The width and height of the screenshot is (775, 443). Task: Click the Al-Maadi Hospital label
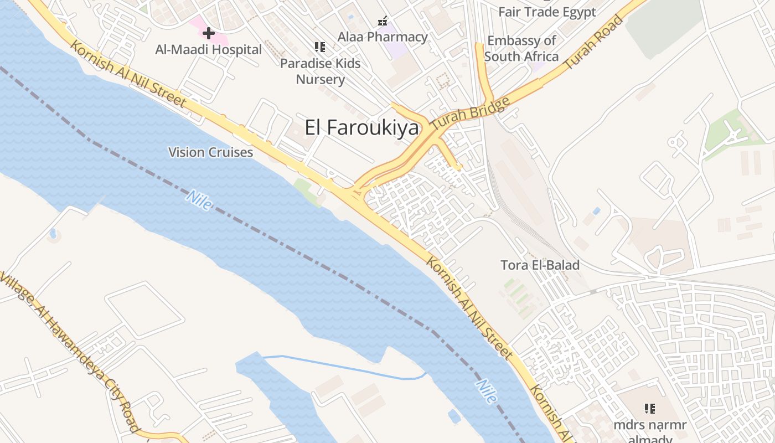209,50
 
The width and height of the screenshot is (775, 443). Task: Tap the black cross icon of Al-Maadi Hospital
208,33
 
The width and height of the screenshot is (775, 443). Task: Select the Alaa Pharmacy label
383,37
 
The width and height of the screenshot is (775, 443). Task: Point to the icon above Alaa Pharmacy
383,22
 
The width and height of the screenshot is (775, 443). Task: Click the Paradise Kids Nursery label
320,71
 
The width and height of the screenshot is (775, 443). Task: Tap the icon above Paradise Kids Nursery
319,47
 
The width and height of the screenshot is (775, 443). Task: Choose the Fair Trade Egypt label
547,12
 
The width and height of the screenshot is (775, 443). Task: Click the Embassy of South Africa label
521,49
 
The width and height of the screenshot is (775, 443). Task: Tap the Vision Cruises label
211,152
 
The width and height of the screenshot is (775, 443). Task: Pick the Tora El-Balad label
540,265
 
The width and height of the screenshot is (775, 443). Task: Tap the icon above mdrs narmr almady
650,409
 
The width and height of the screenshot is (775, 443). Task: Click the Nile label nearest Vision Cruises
199,200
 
